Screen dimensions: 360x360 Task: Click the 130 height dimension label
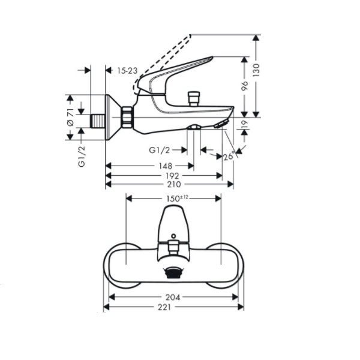[256, 70]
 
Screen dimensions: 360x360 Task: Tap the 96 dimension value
[245, 86]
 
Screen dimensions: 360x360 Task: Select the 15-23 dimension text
[127, 70]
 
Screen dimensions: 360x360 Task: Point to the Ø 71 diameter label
[70, 117]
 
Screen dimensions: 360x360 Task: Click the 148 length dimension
[166, 166]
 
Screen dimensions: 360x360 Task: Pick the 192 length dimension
[172, 176]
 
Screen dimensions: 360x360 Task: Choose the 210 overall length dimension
[174, 184]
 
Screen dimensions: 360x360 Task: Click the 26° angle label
[229, 156]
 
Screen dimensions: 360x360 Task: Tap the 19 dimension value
[245, 124]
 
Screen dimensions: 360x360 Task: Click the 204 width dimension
[173, 298]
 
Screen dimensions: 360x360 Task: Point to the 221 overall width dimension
[164, 307]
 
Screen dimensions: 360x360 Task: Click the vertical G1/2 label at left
[82, 157]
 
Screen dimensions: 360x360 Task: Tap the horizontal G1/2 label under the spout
[160, 150]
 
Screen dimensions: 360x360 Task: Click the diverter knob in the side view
[194, 99]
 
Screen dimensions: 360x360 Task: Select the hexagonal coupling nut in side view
[127, 117]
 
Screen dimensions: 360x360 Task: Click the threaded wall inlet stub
[98, 121]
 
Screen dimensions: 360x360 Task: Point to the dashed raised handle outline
[162, 64]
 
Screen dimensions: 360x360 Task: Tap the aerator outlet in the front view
[173, 272]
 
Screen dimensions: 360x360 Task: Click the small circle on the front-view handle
[173, 236]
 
